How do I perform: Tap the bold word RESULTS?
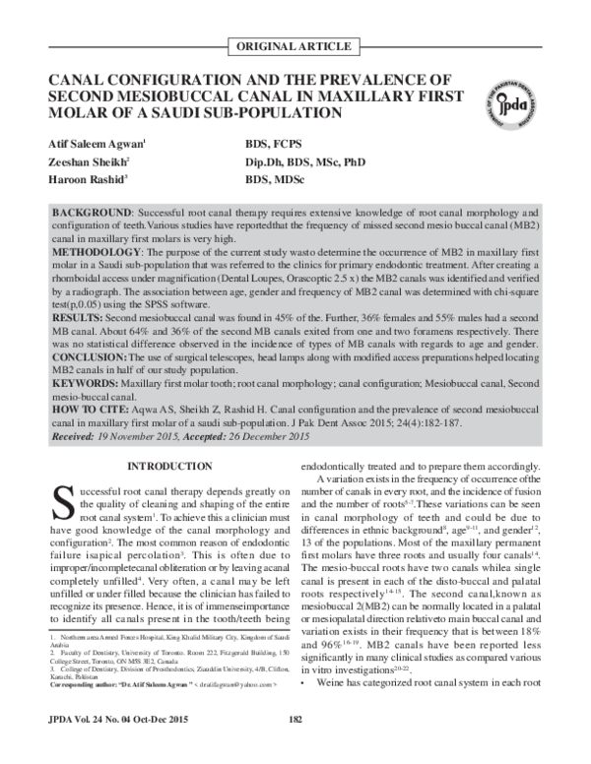coord(77,320)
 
